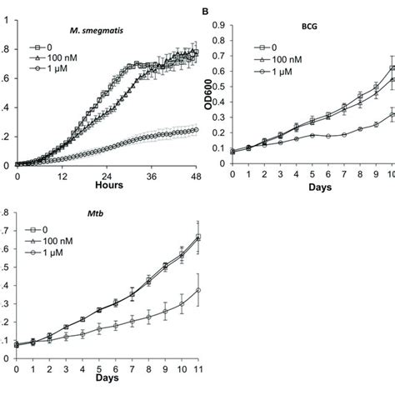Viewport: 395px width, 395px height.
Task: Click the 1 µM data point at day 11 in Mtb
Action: click(197, 290)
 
